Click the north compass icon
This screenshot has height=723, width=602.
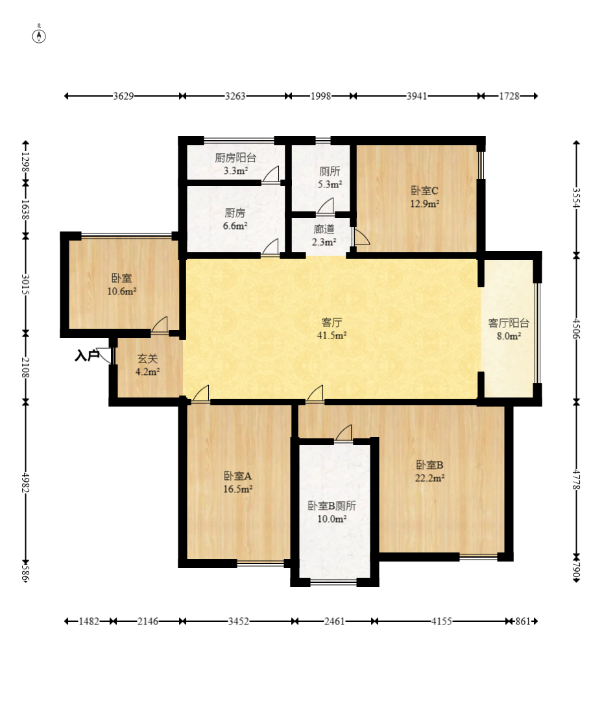pos(39,35)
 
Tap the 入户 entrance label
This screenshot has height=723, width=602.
pos(87,355)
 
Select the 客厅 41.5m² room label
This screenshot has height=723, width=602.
pos(331,329)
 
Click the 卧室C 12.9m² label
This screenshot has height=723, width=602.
pos(424,197)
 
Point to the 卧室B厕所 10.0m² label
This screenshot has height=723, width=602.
pos(331,512)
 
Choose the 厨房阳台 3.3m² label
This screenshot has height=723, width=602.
pos(235,164)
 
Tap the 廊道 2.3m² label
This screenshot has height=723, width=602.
pos(324,235)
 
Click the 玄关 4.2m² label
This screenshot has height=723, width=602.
pos(148,364)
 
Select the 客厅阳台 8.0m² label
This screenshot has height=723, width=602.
pos(509,329)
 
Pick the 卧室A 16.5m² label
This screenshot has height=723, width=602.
pos(237,482)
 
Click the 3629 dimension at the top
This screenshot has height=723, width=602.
pos(123,96)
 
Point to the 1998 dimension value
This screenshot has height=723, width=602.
pos(320,96)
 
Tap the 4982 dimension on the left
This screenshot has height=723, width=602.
pos(26,483)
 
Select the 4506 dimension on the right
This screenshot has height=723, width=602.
pos(576,328)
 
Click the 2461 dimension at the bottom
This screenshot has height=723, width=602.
pos(335,621)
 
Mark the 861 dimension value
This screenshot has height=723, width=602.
pos(523,621)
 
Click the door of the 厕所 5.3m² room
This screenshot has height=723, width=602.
pos(325,206)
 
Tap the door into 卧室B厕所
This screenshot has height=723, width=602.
pos(343,433)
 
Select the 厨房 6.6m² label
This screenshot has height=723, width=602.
pos(235,219)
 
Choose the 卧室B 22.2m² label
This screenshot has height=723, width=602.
pos(429,471)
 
